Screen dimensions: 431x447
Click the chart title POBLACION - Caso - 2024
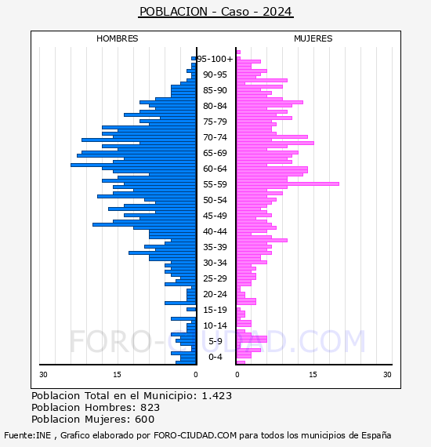[x=215, y=12]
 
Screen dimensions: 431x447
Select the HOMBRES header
[x=117, y=38]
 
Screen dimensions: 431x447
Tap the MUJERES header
[x=313, y=38]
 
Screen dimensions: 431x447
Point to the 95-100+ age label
[x=215, y=59]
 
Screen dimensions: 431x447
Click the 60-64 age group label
[x=215, y=169]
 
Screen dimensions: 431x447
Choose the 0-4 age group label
[x=215, y=357]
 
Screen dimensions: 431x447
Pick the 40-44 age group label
[x=215, y=231]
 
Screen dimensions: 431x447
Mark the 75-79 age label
[x=215, y=122]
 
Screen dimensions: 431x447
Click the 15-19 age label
[x=215, y=310]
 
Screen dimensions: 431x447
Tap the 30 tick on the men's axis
[x=43, y=375]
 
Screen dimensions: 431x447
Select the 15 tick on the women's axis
[x=313, y=375]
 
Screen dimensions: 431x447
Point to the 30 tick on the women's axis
[x=387, y=375]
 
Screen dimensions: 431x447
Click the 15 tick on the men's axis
[x=117, y=375]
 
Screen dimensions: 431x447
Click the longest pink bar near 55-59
[x=288, y=184]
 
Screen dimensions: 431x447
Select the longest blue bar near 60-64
[x=133, y=165]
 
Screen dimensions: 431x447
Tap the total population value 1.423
[x=217, y=396]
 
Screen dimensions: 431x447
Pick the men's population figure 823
[x=150, y=408]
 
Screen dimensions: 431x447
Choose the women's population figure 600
[x=145, y=420]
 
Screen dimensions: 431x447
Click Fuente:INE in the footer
[x=27, y=435]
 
